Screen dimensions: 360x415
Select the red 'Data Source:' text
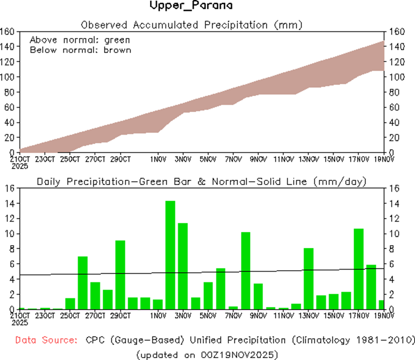click(x=45, y=340)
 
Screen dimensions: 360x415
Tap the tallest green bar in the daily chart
click(x=170, y=255)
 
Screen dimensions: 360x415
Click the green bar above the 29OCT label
click(x=120, y=275)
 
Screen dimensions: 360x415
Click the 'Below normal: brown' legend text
click(x=81, y=50)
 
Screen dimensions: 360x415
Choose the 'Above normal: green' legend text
click(x=80, y=40)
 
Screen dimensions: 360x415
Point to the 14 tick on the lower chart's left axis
click(x=10, y=204)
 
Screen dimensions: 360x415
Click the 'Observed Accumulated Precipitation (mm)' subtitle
click(x=192, y=25)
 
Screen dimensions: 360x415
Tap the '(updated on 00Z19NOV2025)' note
click(x=207, y=355)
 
